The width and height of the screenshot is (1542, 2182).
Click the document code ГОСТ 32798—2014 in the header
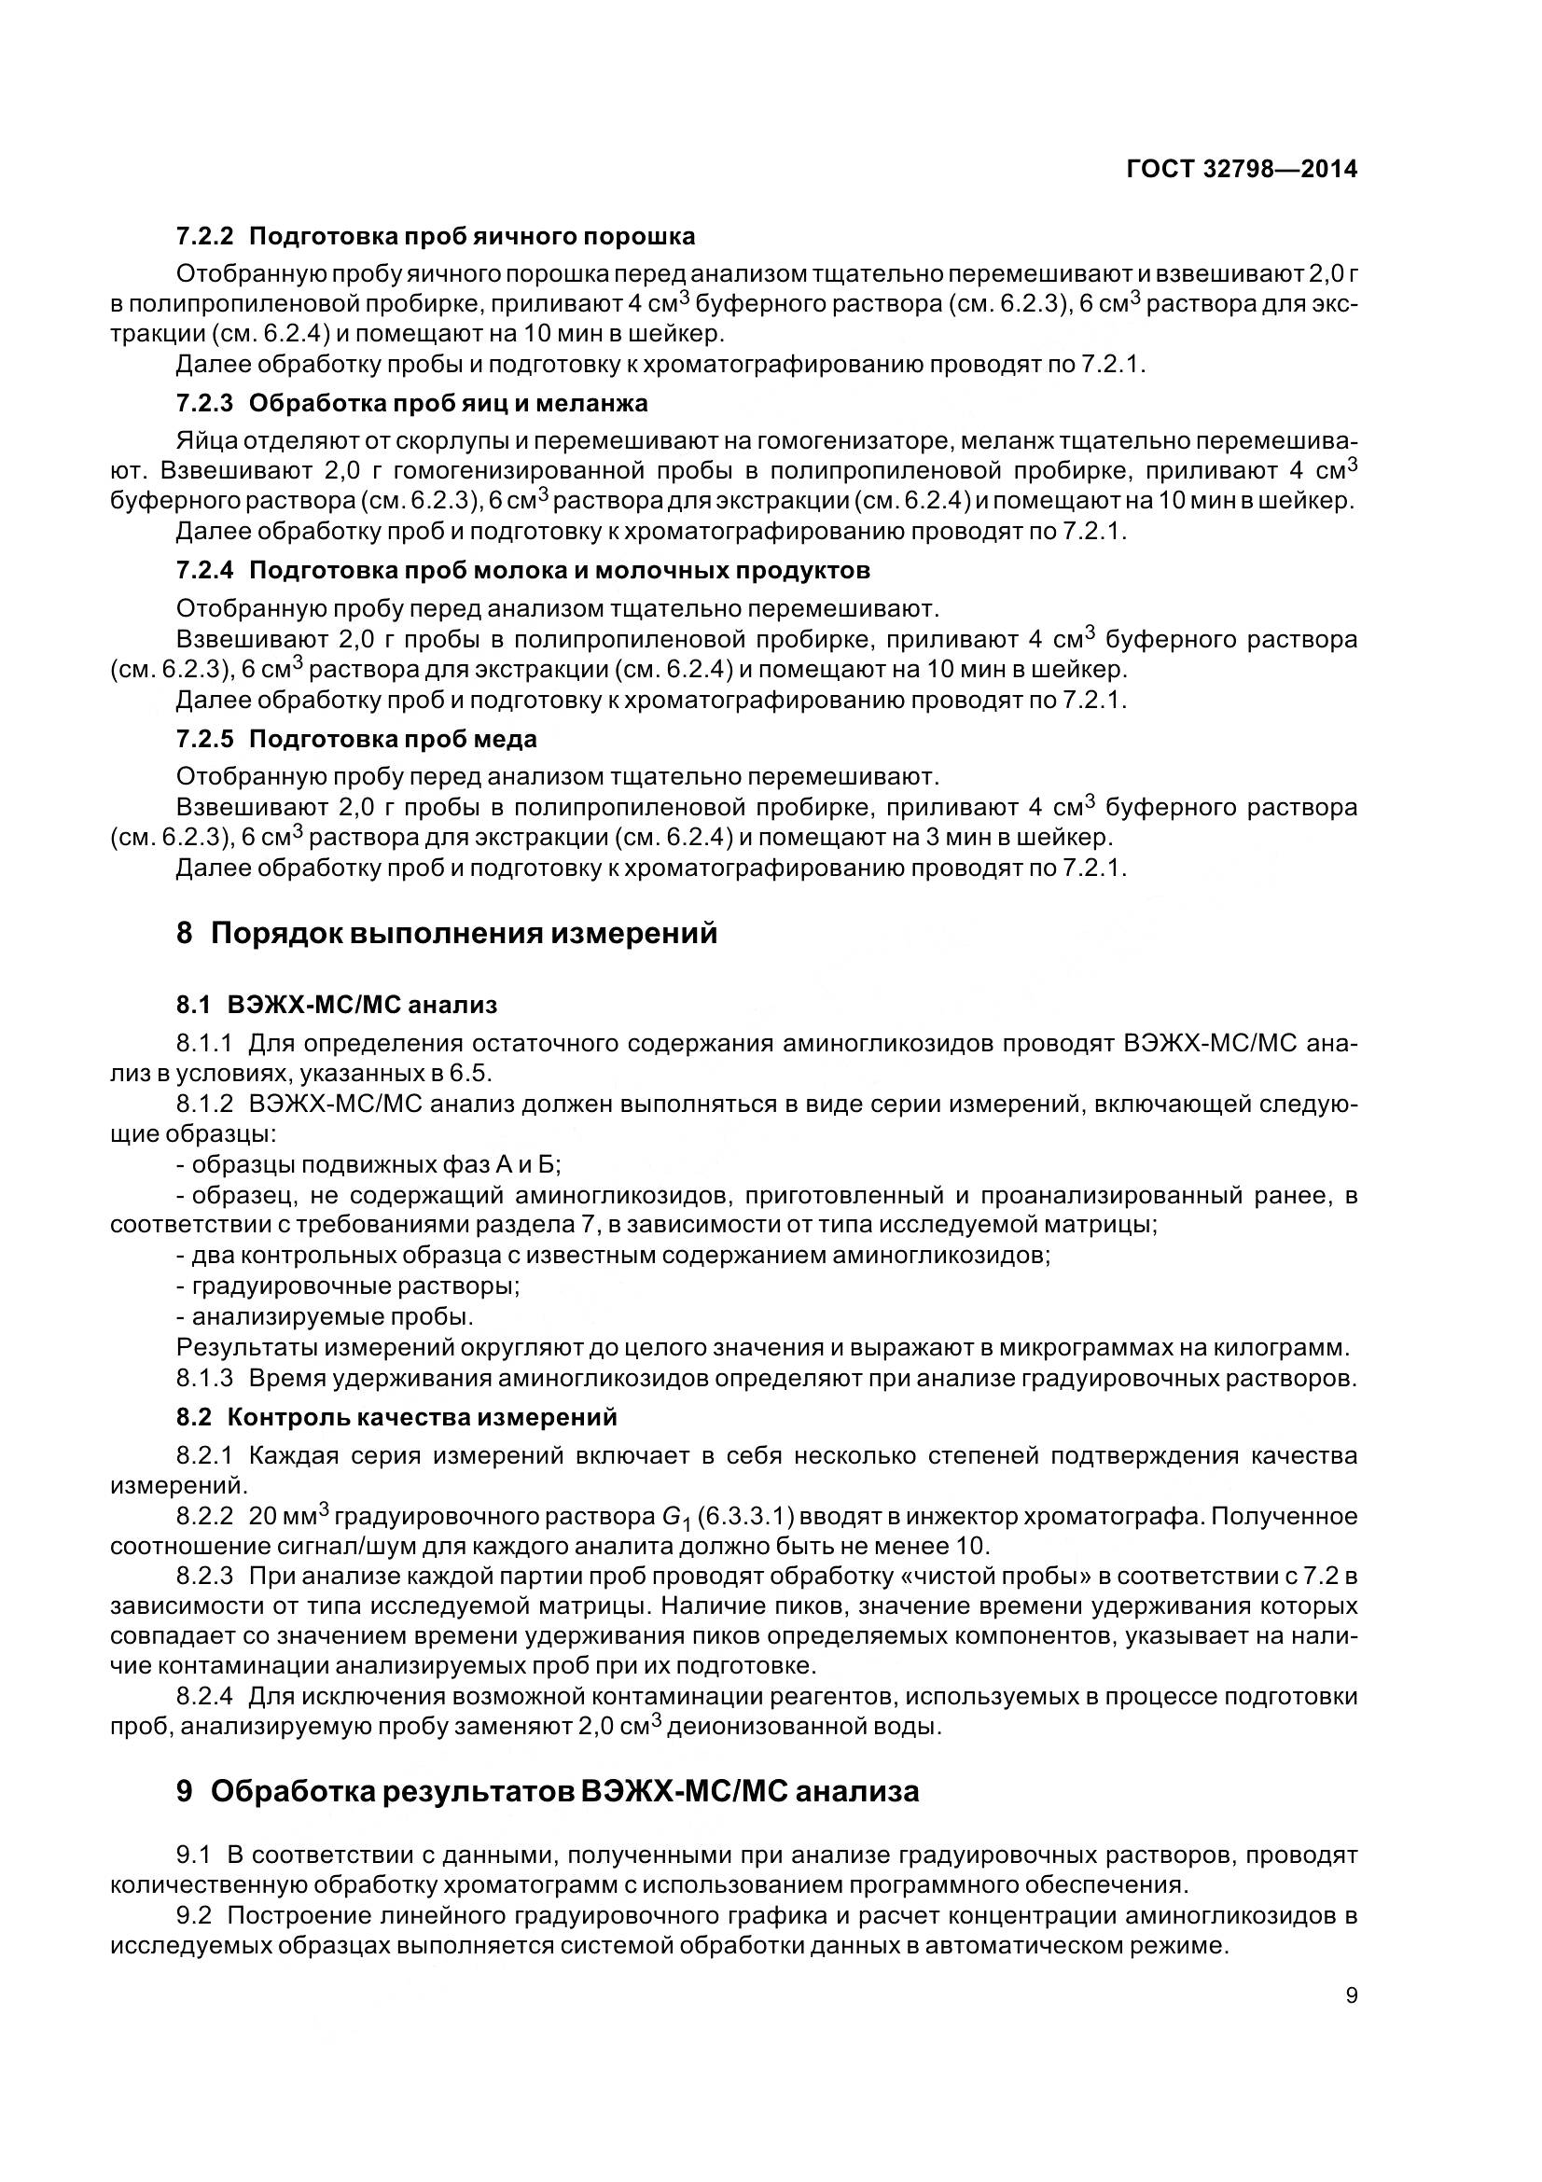(1241, 169)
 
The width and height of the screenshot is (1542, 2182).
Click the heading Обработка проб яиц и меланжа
(449, 403)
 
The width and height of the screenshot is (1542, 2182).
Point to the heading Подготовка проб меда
(393, 739)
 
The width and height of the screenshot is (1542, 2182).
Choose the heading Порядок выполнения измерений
(464, 933)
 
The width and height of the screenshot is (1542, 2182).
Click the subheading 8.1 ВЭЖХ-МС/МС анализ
(337, 1005)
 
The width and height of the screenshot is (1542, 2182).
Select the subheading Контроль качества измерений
(422, 1417)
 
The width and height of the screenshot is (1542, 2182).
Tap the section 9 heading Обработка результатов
(564, 1791)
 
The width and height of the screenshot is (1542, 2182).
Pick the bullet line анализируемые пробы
(332, 1317)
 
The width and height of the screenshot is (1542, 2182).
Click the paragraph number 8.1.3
(204, 1378)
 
